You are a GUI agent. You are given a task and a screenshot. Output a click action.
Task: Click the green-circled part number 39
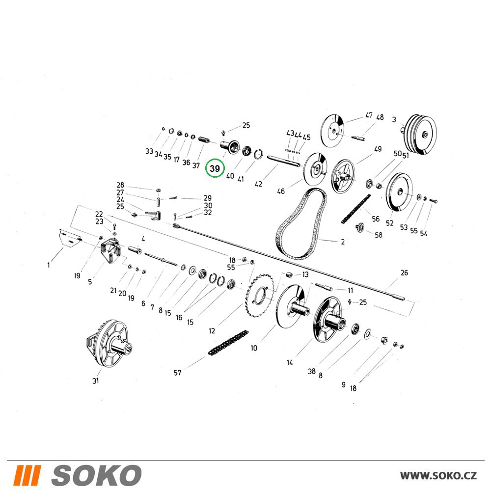215,168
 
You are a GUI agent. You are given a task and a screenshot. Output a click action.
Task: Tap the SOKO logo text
96,475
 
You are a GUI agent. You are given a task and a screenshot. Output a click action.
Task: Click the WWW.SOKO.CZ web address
438,475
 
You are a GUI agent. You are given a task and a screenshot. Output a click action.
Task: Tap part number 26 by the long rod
404,273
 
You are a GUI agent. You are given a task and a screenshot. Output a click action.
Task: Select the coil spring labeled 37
204,139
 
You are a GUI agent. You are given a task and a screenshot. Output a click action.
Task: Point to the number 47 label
369,115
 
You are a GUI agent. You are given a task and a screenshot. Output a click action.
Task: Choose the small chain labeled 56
355,209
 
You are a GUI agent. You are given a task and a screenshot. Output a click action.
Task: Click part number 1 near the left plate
49,265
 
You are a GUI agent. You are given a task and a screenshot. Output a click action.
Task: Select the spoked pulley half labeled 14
329,320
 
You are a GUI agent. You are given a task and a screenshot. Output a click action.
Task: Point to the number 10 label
254,348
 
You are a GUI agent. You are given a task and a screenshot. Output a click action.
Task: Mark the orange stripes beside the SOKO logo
27,475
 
